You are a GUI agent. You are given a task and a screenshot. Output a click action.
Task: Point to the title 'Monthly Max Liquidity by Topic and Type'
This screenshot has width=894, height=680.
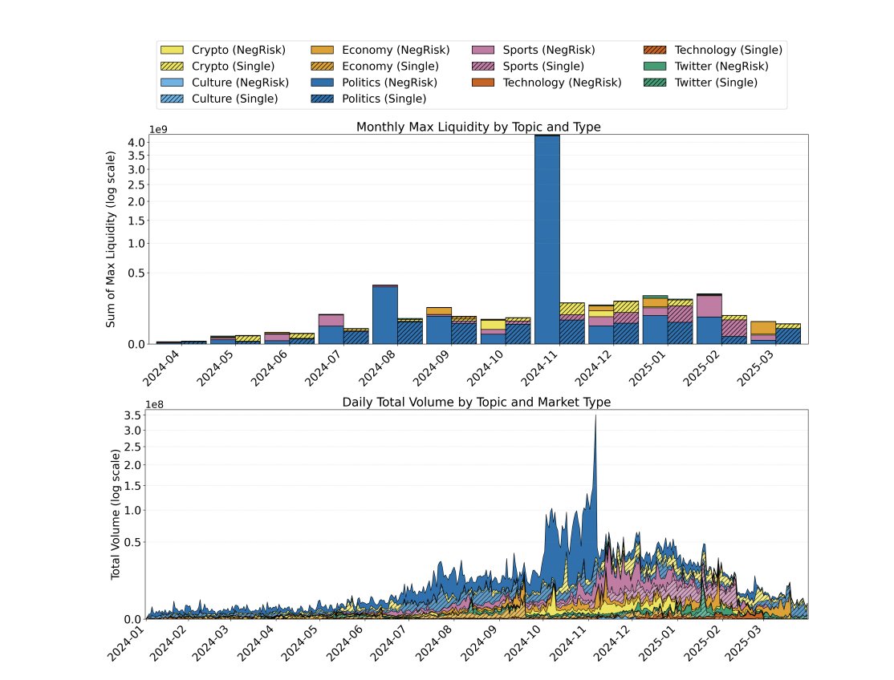478,127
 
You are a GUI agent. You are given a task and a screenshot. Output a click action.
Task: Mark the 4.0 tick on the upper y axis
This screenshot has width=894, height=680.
136,143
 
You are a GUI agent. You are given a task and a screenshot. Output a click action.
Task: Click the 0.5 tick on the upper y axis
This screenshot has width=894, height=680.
136,273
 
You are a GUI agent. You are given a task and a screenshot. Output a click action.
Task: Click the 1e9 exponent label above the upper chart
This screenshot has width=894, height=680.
158,129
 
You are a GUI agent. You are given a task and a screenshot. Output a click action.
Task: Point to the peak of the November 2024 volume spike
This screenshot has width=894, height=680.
595,416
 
